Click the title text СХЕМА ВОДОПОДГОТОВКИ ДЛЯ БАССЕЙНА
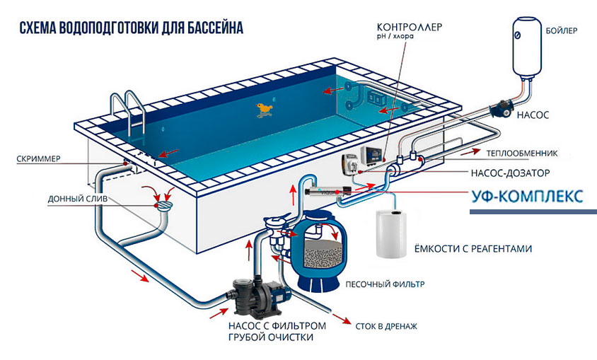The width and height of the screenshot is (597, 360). (x=132, y=28)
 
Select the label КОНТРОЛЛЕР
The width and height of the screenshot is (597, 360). (x=412, y=28)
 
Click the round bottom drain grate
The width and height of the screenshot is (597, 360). (x=163, y=204)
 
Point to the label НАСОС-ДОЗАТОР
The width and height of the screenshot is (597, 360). (x=509, y=172)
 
